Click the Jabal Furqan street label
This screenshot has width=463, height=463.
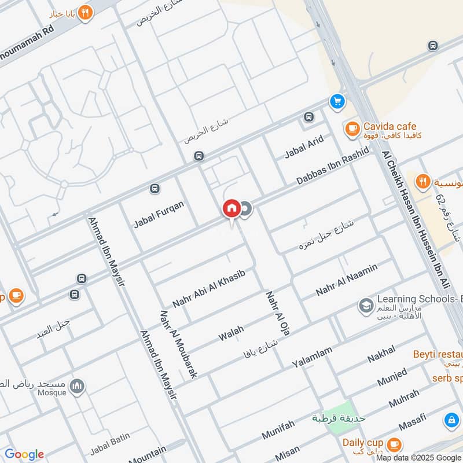click(x=159, y=214)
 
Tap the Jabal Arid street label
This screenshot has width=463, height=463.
click(x=303, y=147)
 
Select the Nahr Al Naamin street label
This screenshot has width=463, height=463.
click(x=347, y=280)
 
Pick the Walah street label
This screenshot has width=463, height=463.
click(x=231, y=333)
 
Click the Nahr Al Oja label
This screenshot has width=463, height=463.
click(x=277, y=313)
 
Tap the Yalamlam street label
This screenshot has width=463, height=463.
click(x=313, y=355)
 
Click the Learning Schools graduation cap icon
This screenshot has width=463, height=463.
click(x=365, y=305)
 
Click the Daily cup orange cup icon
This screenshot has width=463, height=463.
click(x=394, y=444)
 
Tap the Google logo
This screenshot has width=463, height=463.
click(x=24, y=454)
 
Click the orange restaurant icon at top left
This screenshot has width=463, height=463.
click(x=85, y=13)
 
